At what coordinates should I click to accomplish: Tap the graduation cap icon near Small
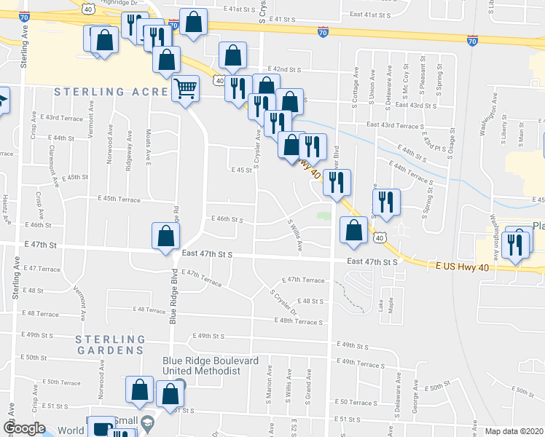[147, 422]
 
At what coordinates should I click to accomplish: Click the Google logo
[24, 428]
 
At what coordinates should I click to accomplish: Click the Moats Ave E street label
[149, 149]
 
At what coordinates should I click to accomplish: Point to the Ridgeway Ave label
[129, 151]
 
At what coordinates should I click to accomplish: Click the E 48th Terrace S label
[299, 321]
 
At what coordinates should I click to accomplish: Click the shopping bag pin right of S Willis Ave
[353, 232]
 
